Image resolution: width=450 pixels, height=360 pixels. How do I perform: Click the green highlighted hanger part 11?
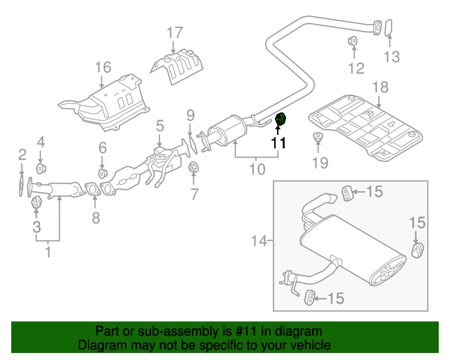280,121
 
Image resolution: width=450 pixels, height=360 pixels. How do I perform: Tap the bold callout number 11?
279,143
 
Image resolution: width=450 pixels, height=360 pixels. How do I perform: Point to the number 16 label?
103,67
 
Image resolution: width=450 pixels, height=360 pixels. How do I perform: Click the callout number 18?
380,87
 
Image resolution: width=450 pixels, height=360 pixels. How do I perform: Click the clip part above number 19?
318,137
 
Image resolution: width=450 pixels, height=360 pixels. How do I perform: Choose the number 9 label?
190,115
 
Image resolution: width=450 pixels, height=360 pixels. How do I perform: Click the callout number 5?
160,125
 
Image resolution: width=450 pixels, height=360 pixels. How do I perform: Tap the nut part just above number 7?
193,167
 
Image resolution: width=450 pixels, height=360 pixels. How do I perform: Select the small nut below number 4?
41,169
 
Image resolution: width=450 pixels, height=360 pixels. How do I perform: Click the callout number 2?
22,154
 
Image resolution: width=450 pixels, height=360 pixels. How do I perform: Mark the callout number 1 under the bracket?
48,250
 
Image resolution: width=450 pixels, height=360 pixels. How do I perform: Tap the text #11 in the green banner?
243,331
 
